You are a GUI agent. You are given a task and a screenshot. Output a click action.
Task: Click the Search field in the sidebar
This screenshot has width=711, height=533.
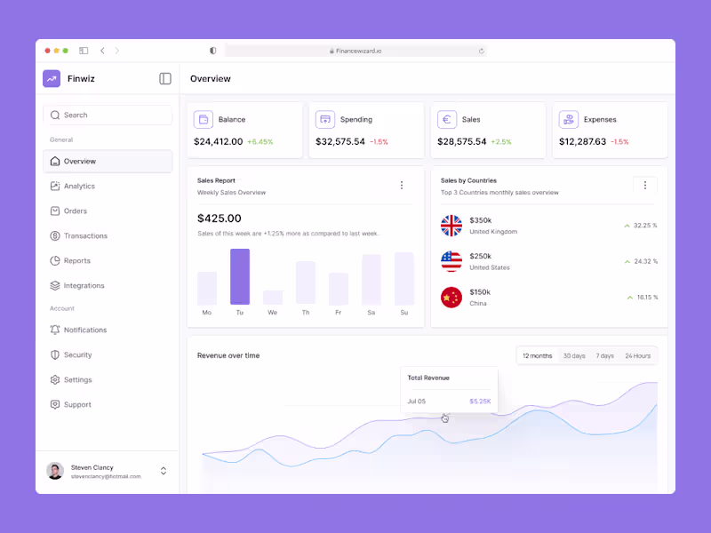click(108, 115)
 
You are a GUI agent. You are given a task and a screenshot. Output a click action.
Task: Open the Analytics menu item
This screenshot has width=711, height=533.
click(78, 187)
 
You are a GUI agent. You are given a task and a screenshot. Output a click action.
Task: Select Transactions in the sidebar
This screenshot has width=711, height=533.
click(85, 236)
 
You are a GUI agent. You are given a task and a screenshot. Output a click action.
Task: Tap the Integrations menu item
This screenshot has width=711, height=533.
click(84, 286)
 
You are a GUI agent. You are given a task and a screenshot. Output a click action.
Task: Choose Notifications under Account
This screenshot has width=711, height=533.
click(84, 330)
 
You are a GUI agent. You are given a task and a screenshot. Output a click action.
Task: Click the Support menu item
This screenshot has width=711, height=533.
click(77, 405)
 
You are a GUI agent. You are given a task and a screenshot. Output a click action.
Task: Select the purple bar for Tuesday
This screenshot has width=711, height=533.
click(240, 276)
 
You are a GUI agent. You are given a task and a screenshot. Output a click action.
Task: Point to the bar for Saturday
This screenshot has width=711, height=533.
click(371, 280)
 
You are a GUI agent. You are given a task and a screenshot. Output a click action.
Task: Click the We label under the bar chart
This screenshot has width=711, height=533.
click(273, 313)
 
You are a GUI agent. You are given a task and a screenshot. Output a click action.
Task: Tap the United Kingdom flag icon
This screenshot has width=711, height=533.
click(451, 226)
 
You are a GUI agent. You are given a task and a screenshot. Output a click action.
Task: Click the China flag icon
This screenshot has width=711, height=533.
click(451, 298)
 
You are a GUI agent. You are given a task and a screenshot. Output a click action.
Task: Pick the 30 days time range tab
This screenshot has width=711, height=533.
click(574, 356)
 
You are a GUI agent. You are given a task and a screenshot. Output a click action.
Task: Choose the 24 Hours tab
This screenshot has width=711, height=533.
click(637, 356)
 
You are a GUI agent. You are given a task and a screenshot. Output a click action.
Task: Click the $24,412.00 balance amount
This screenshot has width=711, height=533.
click(218, 141)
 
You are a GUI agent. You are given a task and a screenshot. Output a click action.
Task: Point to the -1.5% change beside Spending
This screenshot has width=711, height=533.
click(379, 142)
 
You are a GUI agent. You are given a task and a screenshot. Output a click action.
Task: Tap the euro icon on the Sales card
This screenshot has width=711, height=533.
click(447, 119)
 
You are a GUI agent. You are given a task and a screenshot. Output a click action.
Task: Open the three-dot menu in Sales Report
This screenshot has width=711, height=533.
click(401, 186)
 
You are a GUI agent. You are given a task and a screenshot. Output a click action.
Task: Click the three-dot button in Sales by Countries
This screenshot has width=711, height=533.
click(645, 186)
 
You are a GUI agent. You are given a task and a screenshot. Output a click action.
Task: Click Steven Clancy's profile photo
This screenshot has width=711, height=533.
click(55, 471)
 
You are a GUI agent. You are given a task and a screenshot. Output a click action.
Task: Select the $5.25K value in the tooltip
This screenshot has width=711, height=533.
click(480, 402)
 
